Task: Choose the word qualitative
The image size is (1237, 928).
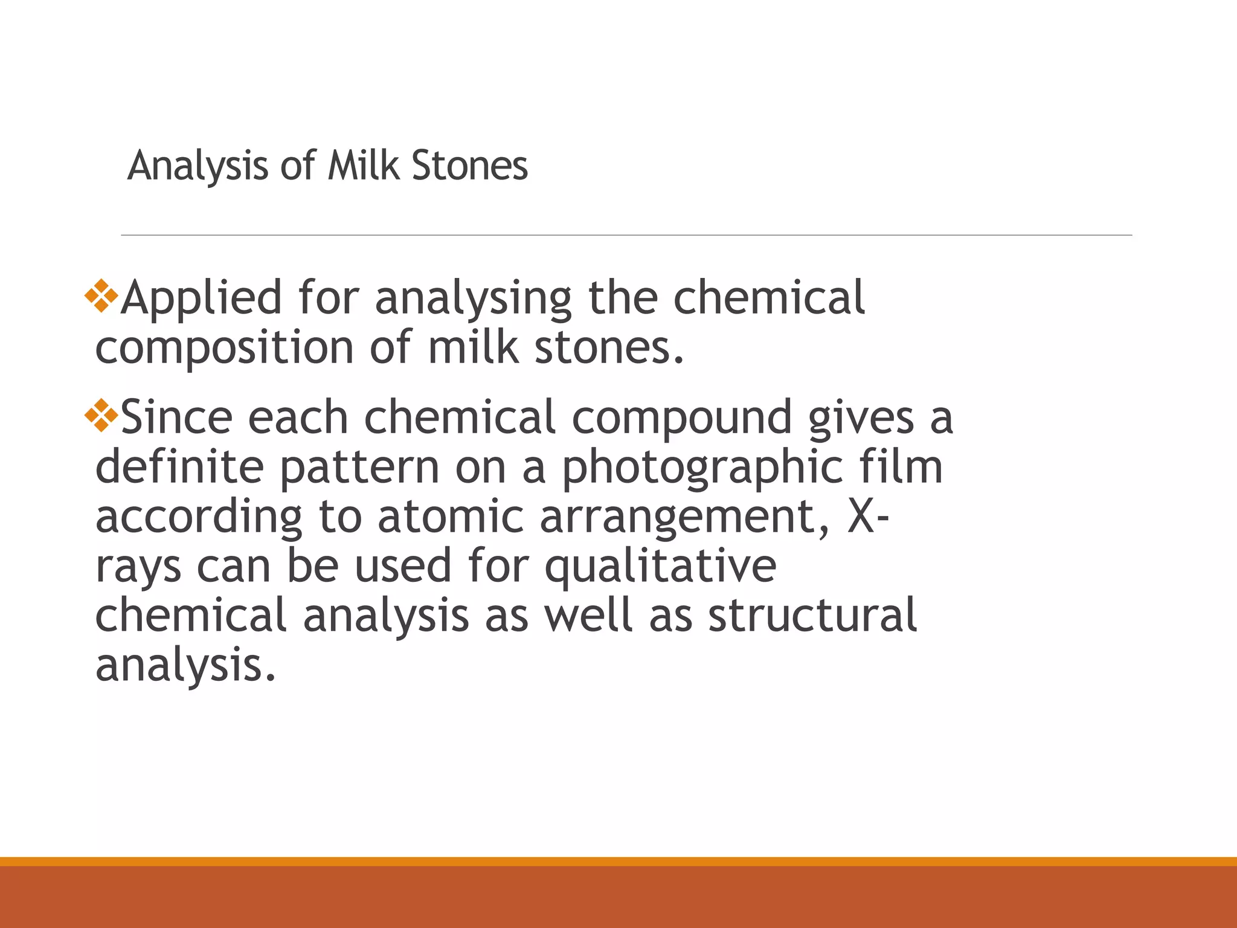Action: tap(660, 565)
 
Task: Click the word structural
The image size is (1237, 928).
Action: tap(812, 615)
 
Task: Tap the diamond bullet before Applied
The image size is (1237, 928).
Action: tap(101, 296)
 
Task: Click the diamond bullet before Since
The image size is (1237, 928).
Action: tap(101, 416)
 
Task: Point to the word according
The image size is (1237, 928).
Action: tap(199, 517)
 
